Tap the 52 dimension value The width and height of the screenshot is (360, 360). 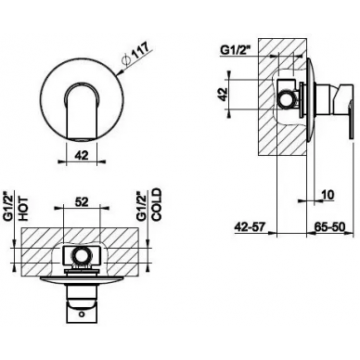coord(82,202)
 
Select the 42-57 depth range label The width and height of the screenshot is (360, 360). coord(250,227)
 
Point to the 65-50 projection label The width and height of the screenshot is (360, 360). coord(329,227)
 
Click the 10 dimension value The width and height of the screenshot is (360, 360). coord(328,195)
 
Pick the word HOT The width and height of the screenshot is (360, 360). coord(23,209)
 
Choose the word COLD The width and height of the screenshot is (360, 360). coord(157,205)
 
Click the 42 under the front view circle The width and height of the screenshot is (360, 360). coord(82,155)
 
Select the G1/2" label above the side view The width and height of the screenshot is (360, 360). coord(234,49)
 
